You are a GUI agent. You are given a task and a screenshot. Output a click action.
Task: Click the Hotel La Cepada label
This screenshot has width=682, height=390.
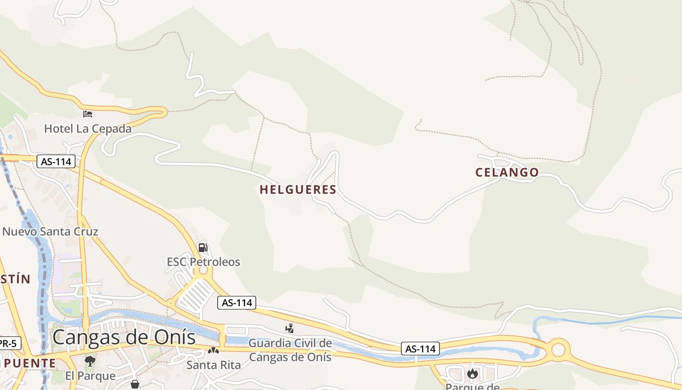(88, 129)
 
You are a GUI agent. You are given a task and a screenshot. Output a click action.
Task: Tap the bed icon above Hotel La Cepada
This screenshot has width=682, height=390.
(88, 114)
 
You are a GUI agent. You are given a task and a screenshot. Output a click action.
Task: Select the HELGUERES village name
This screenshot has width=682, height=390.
(298, 190)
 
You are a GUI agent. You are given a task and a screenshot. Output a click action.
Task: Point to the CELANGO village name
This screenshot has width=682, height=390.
(507, 172)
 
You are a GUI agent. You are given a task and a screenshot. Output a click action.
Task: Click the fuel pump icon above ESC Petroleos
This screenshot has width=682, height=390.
(203, 247)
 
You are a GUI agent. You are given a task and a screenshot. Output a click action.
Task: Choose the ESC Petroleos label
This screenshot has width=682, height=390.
(204, 262)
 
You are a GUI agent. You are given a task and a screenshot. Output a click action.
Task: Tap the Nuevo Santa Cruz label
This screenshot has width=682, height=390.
(50, 231)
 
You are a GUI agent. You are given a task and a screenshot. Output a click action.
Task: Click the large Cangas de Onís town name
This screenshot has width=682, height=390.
(124, 337)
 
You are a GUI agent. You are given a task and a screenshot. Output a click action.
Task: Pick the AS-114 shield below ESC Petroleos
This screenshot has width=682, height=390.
(237, 303)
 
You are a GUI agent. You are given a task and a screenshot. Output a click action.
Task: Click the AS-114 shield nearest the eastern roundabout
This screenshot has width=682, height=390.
(420, 349)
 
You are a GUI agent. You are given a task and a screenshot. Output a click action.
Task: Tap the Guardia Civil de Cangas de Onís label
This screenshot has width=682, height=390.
(290, 350)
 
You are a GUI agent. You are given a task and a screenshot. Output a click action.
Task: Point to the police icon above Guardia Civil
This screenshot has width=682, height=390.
(290, 329)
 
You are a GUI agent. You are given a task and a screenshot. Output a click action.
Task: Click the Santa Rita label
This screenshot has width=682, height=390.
(213, 365)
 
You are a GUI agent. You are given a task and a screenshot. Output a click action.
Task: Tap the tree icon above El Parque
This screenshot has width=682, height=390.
(90, 361)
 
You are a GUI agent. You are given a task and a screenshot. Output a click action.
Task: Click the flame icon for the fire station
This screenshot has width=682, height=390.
(472, 373)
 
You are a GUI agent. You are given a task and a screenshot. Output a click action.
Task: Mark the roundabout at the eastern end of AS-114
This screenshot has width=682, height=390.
(558, 350)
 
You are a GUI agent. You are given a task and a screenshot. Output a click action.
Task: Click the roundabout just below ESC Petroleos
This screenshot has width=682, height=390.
(204, 271)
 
